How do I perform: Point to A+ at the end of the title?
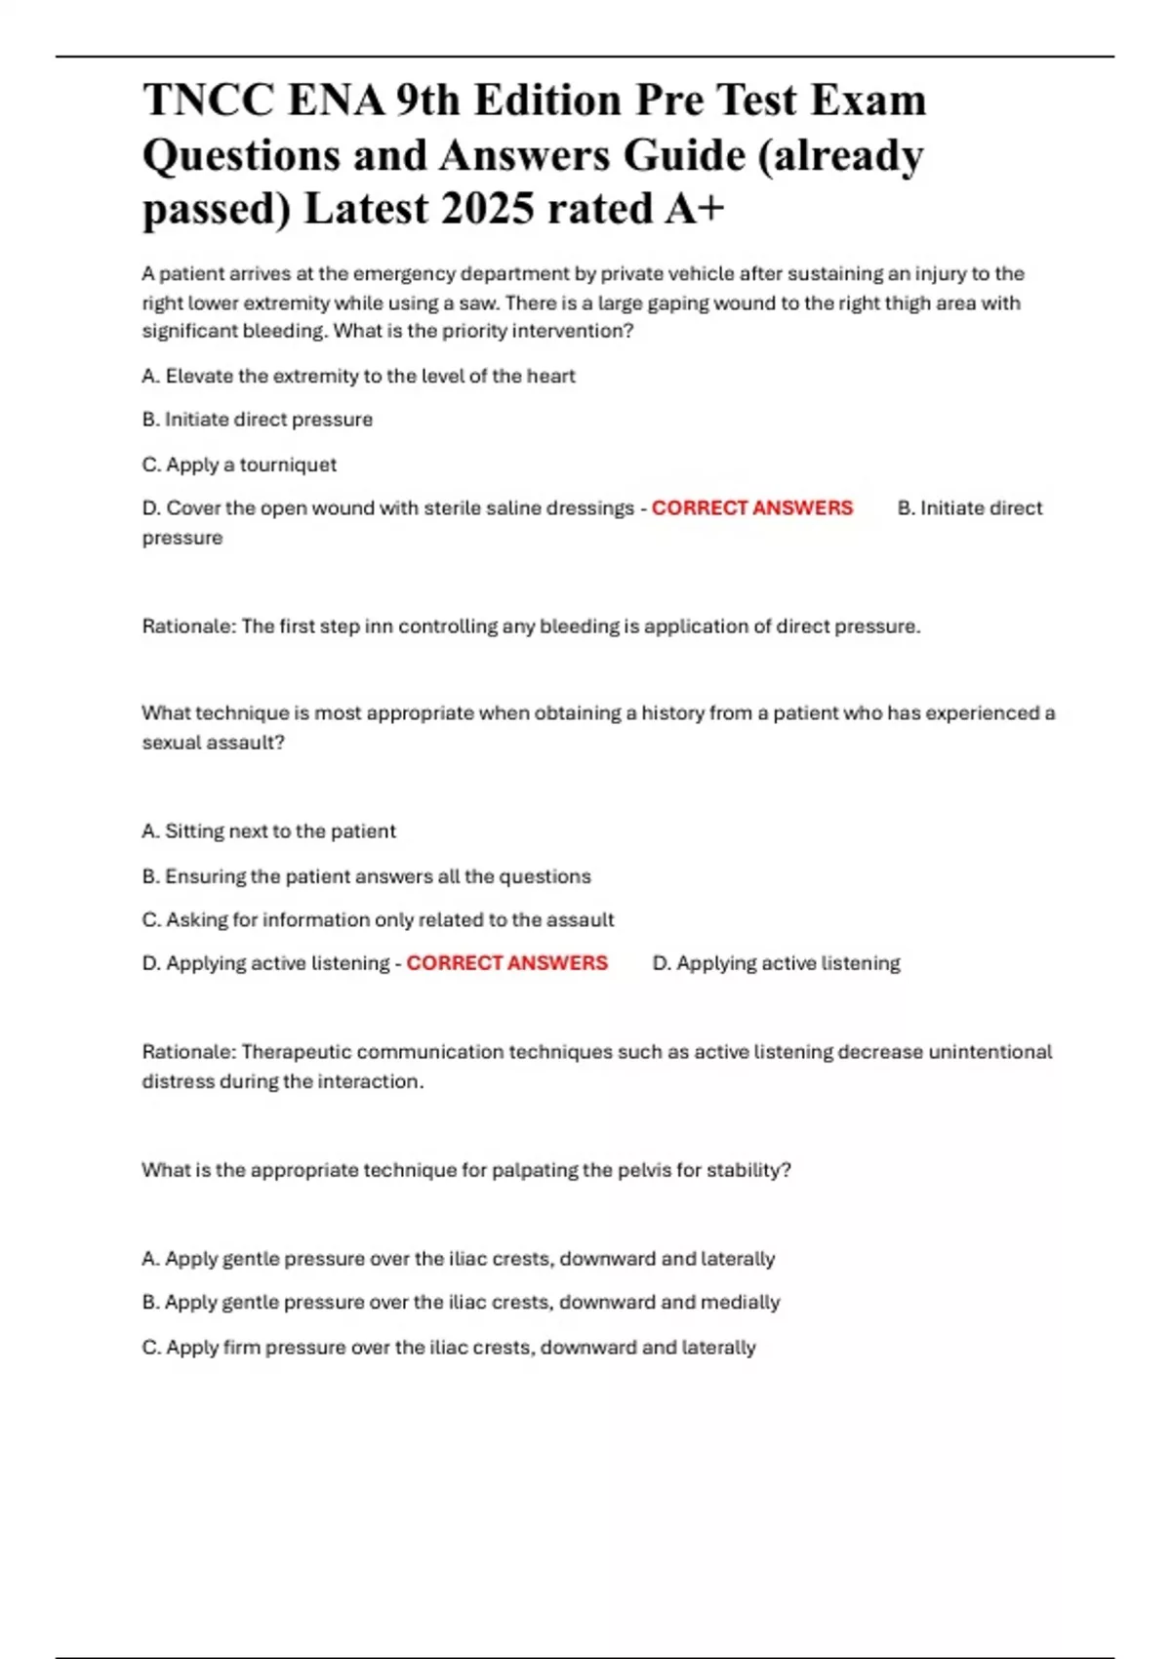point(694,208)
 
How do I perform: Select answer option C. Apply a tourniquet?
point(239,465)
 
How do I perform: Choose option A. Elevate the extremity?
point(358,376)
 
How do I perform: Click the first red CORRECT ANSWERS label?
point(751,507)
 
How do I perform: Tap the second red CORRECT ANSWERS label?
point(506,963)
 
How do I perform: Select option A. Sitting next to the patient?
point(268,830)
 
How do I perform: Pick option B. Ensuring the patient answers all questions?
point(366,876)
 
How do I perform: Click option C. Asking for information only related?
point(378,919)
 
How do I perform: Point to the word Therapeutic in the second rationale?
point(296,1052)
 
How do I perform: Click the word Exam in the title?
point(873,101)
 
